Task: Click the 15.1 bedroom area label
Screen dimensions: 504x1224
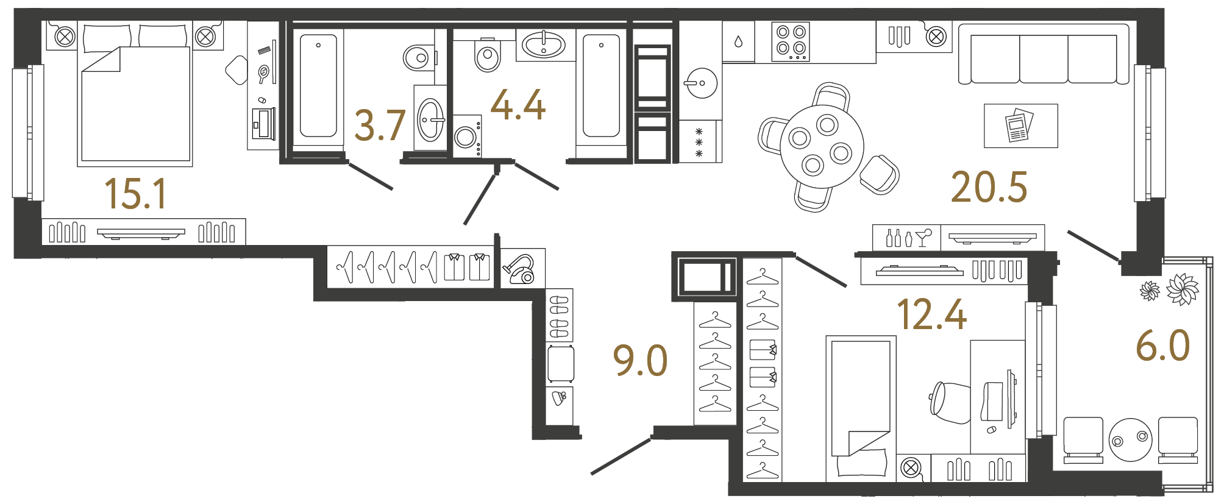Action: [135, 194]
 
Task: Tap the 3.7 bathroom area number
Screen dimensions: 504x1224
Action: [379, 126]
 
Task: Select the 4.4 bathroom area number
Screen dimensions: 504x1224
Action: [518, 105]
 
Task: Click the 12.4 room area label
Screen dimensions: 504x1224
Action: [931, 314]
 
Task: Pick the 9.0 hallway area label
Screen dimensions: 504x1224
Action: [640, 360]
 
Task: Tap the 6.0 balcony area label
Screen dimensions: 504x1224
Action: [1162, 346]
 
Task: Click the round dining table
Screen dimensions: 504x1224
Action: [821, 146]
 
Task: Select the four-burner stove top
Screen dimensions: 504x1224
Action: [791, 41]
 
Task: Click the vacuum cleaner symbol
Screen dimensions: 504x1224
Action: [519, 269]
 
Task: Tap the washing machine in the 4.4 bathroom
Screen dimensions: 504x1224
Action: [466, 137]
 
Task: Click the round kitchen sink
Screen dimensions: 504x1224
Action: [702, 83]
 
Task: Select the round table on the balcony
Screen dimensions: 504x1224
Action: [1131, 439]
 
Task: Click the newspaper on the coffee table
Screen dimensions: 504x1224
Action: [1019, 126]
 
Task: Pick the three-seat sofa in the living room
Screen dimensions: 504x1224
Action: [1043, 55]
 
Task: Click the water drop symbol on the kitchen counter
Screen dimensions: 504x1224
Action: [738, 41]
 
